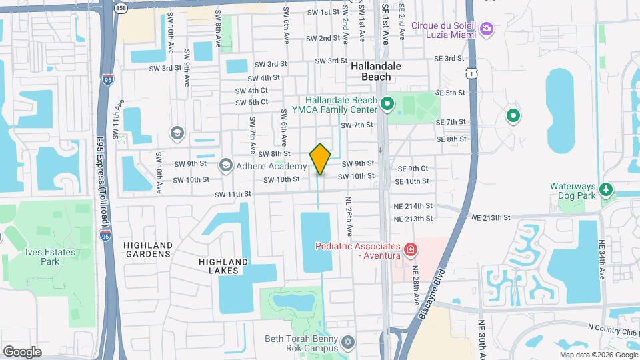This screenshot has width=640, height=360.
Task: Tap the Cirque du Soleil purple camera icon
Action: pyautogui.click(x=487, y=28)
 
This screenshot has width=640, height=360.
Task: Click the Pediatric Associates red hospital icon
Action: pyautogui.click(x=411, y=251)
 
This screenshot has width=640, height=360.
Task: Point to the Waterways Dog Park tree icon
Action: pyautogui.click(x=605, y=190)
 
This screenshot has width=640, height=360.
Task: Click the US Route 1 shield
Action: pyautogui.click(x=471, y=70)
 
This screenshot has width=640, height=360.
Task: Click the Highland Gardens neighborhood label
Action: pyautogui.click(x=148, y=249)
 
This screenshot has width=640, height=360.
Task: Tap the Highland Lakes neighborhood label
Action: pyautogui.click(x=223, y=266)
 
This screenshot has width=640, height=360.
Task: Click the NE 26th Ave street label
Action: pyautogui.click(x=349, y=216)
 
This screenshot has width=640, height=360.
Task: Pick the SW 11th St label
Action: pyautogui.click(x=233, y=194)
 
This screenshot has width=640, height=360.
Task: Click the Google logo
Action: pyautogui.click(x=23, y=351)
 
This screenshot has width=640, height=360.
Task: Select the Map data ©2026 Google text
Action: pyautogui.click(x=599, y=354)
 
